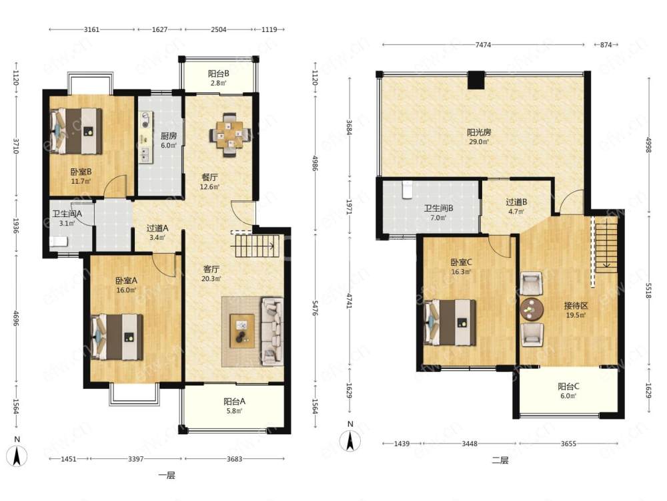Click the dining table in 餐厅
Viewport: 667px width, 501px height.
[229, 135]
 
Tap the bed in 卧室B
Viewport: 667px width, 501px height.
[77, 131]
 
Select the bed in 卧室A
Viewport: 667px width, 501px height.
[117, 337]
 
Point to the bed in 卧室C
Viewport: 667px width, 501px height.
[450, 323]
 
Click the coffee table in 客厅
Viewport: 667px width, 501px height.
[242, 331]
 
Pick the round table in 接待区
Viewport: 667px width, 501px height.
[532, 309]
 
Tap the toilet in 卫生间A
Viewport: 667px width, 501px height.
[59, 242]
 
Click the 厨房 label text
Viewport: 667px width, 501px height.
[169, 136]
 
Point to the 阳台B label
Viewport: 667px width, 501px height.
[219, 73]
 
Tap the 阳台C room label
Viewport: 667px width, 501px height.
[568, 386]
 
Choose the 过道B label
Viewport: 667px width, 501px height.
[516, 202]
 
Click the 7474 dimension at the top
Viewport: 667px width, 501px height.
[483, 44]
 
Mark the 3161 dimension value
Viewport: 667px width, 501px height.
[91, 29]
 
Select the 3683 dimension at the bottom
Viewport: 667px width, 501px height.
[234, 459]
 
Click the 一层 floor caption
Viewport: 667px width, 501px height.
[167, 475]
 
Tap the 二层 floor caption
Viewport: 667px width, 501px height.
[500, 460]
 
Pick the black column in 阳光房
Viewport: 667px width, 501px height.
[476, 79]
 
